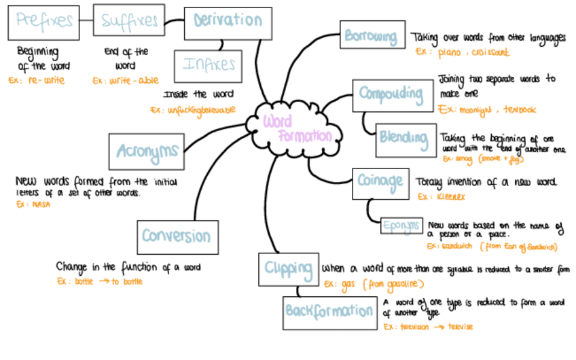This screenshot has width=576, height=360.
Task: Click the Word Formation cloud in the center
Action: click(297, 127)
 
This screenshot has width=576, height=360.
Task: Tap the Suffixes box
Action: click(129, 22)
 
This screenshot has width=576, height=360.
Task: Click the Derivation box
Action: click(227, 21)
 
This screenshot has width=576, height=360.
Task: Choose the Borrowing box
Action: click(370, 36)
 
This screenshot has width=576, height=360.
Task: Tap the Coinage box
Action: click(380, 181)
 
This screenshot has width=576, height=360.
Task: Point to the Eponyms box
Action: click(401, 226)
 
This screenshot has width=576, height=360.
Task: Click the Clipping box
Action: click(288, 268)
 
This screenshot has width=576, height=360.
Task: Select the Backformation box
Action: click(329, 312)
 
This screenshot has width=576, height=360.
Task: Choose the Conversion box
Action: click(176, 236)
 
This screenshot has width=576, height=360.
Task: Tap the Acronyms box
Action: click(147, 151)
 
